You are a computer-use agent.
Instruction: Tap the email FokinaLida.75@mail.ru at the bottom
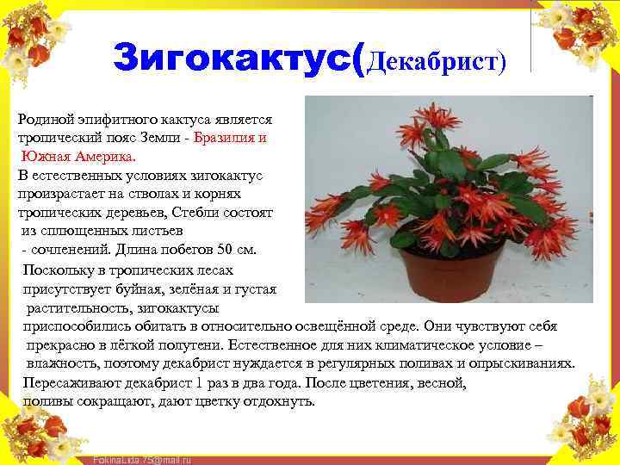click(141, 460)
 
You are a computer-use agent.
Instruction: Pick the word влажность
click(62, 363)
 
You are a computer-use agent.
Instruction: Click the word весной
click(441, 382)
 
